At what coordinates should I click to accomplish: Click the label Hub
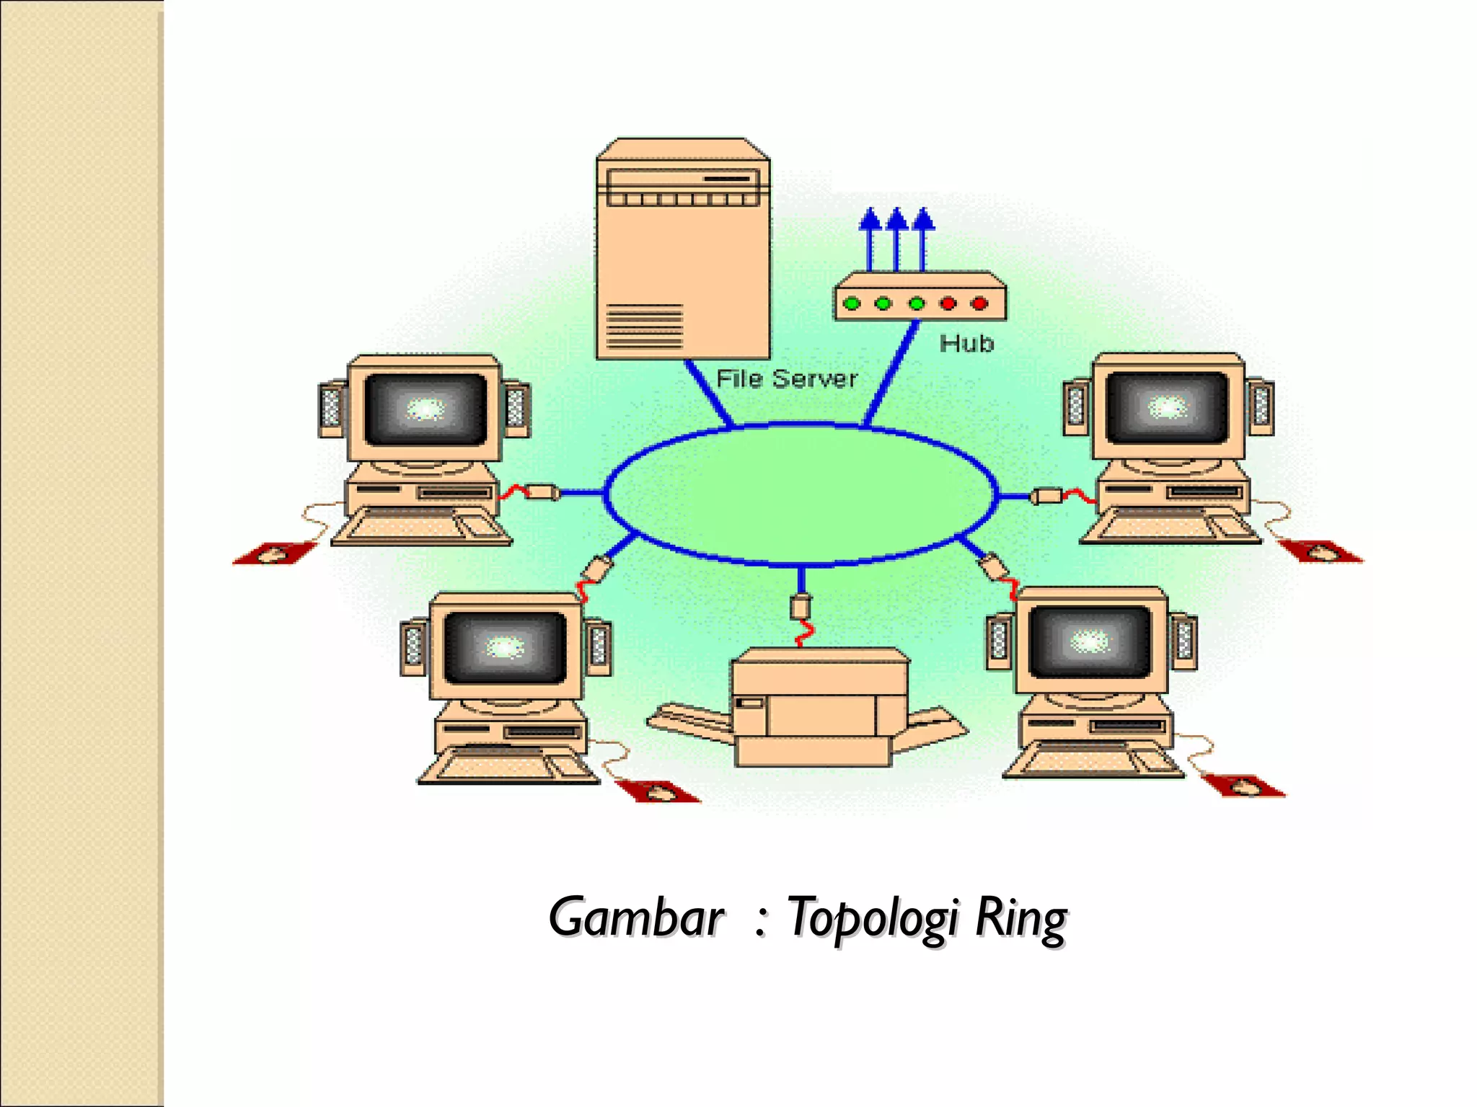click(x=966, y=343)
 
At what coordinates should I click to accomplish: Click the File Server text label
click(x=787, y=379)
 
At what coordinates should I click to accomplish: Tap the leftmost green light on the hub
click(x=852, y=303)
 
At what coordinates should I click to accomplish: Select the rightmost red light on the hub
click(x=979, y=303)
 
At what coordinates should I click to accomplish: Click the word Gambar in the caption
click(x=635, y=917)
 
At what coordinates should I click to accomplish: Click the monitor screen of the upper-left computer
click(x=426, y=409)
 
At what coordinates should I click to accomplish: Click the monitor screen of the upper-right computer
click(x=1168, y=407)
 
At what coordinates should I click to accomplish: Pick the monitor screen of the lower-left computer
click(x=506, y=646)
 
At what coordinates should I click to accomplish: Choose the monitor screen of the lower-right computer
click(x=1090, y=641)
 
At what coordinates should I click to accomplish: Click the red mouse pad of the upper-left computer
click(x=274, y=553)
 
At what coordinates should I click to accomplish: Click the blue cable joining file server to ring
click(x=708, y=393)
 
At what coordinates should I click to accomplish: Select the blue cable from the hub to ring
click(x=891, y=375)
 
